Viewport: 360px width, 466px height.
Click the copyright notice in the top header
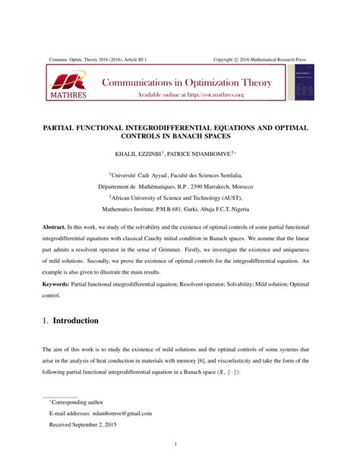coord(261,58)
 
